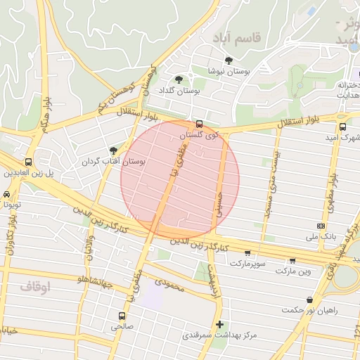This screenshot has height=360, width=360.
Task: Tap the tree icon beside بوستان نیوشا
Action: (x=229, y=60)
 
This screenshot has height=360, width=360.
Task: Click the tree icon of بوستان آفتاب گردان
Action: (x=114, y=150)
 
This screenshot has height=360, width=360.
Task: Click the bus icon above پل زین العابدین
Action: (x=29, y=161)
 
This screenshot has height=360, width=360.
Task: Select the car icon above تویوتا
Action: (x=6, y=194)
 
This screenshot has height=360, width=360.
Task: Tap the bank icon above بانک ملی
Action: (x=321, y=226)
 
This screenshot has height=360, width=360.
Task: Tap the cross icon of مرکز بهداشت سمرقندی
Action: (x=221, y=324)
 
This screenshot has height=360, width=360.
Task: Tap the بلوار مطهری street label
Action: (x=330, y=188)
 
